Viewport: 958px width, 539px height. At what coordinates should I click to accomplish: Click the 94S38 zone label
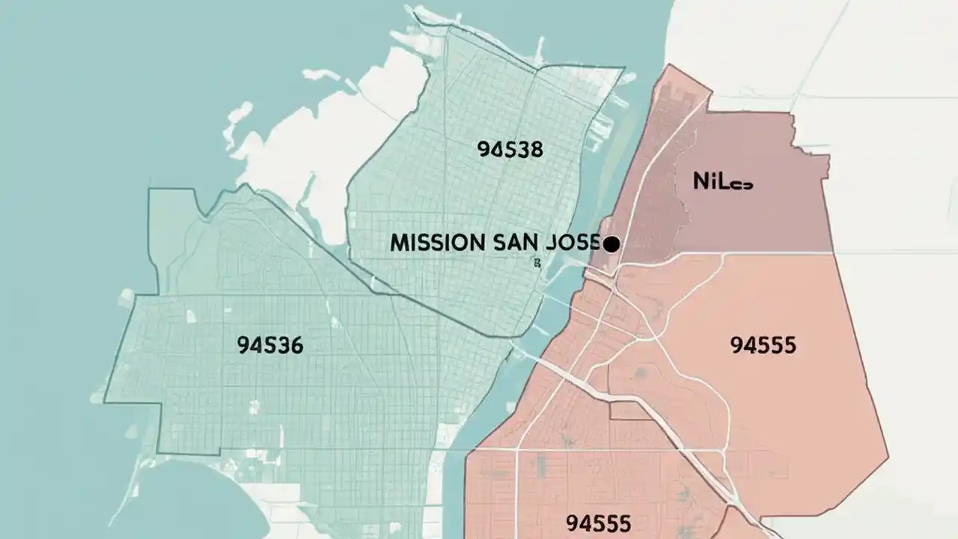click(509, 149)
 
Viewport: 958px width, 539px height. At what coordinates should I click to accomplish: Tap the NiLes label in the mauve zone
click(723, 181)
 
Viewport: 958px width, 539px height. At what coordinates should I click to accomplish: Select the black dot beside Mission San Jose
click(611, 244)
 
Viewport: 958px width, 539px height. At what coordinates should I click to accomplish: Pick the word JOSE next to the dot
click(574, 243)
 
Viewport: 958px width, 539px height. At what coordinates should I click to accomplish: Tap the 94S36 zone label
click(269, 345)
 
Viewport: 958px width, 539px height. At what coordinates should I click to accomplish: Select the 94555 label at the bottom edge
click(598, 522)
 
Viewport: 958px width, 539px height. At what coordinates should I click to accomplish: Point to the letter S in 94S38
click(505, 149)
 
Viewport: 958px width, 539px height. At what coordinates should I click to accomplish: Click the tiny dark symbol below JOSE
click(537, 262)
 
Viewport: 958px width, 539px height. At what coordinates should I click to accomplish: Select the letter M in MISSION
click(398, 243)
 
